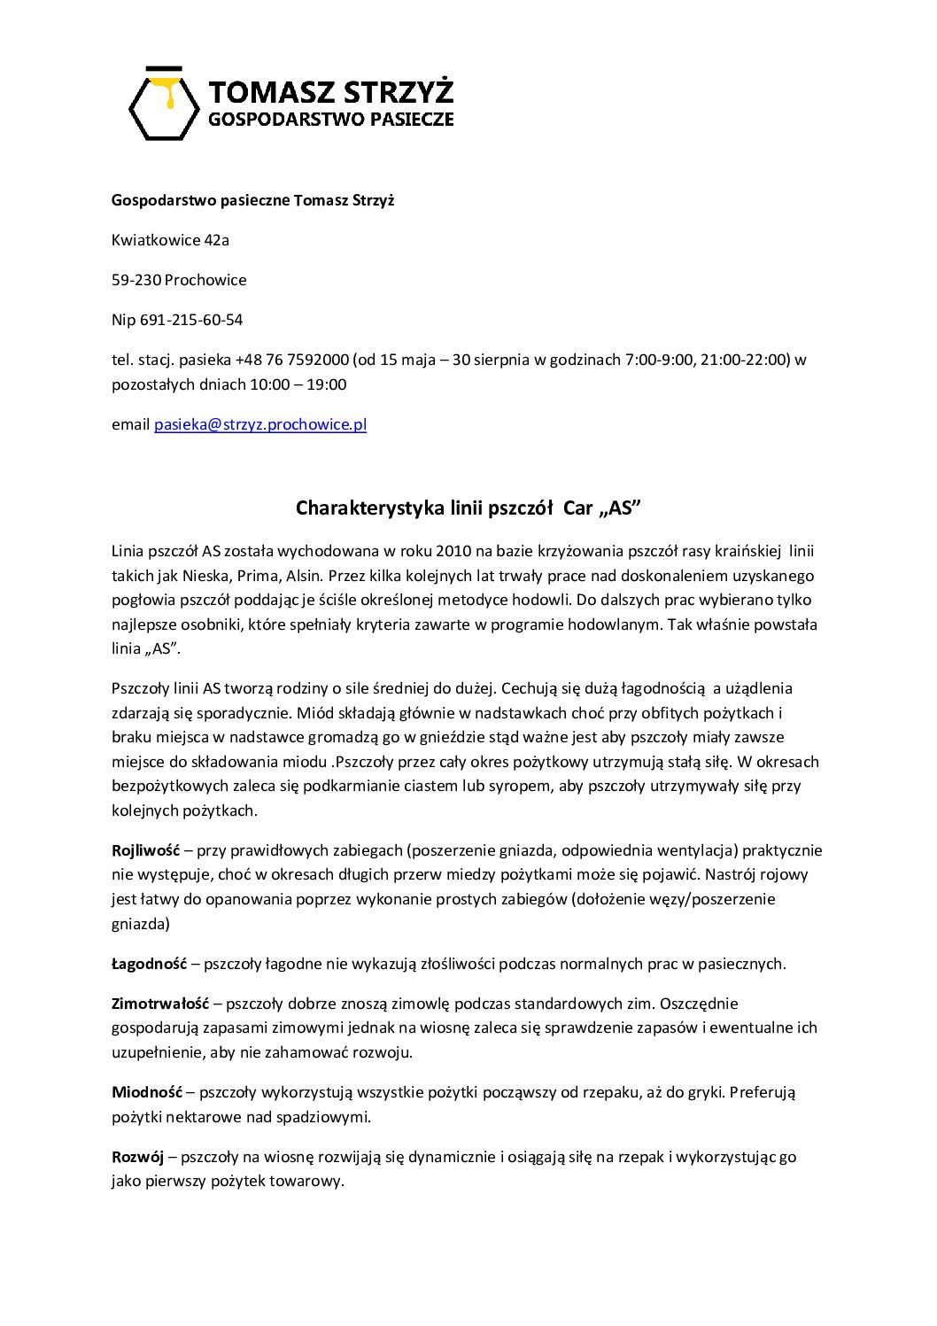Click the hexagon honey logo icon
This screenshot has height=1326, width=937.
pos(165,103)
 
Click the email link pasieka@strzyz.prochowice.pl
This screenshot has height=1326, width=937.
pos(260,424)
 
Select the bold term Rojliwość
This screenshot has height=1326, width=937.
pos(145,850)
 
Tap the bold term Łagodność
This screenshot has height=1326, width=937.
pos(149,964)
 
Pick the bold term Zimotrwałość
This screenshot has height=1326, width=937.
pos(160,1004)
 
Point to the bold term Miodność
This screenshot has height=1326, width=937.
pos(147,1092)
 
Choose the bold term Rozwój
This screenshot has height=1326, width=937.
pos(138,1157)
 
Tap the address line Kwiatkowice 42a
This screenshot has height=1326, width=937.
pos(170,240)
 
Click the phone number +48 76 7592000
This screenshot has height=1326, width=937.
pos(291,360)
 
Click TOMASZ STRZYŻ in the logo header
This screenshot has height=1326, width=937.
pos(330,91)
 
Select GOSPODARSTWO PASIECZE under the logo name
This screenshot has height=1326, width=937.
pos(330,119)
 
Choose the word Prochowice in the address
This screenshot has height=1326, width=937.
pos(205,280)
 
